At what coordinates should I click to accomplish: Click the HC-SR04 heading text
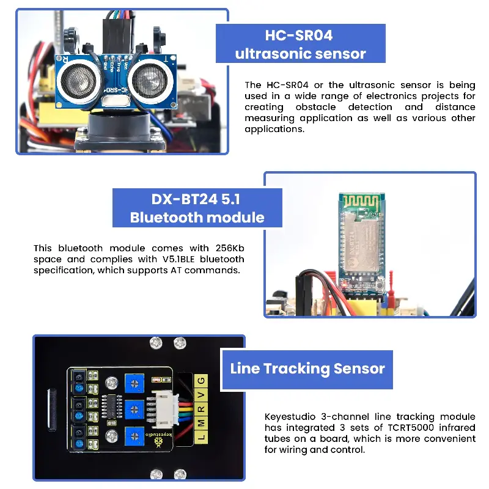click(x=299, y=35)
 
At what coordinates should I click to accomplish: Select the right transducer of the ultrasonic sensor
click(x=150, y=79)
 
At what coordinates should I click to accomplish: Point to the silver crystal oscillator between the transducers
click(x=116, y=101)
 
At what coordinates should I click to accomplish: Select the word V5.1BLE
click(x=178, y=259)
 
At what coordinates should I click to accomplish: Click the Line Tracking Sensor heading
click(x=307, y=369)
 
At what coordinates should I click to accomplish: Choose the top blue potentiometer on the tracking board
click(x=134, y=384)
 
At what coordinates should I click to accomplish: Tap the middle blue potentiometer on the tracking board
click(x=134, y=410)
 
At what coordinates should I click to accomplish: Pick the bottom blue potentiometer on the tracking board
click(x=134, y=436)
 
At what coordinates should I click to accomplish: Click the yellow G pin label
click(x=201, y=381)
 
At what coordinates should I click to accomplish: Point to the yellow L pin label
click(x=201, y=437)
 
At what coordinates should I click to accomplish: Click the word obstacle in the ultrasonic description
click(x=315, y=107)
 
